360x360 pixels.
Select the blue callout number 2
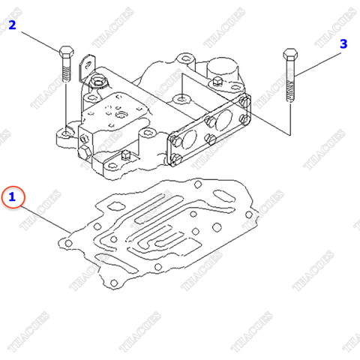[13, 26]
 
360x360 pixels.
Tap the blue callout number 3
[343, 44]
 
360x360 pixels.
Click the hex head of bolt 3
[290, 54]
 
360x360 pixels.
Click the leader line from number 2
[37, 37]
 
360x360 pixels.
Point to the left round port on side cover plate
[190, 140]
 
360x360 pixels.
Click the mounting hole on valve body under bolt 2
[68, 133]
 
